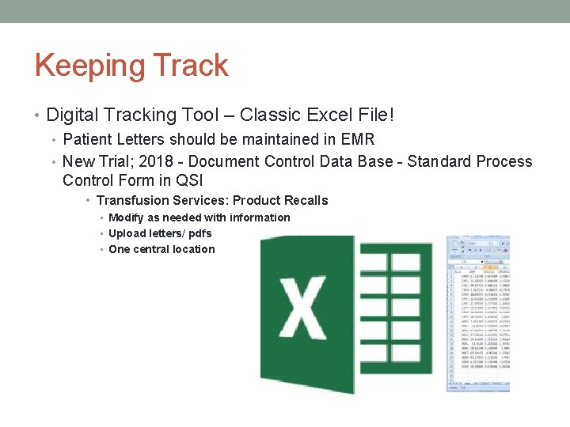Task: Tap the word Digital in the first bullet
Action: click(74, 115)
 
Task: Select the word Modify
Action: click(127, 217)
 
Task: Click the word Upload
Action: click(127, 233)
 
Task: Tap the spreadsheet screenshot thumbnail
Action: click(478, 313)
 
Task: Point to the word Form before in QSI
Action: click(144, 180)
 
